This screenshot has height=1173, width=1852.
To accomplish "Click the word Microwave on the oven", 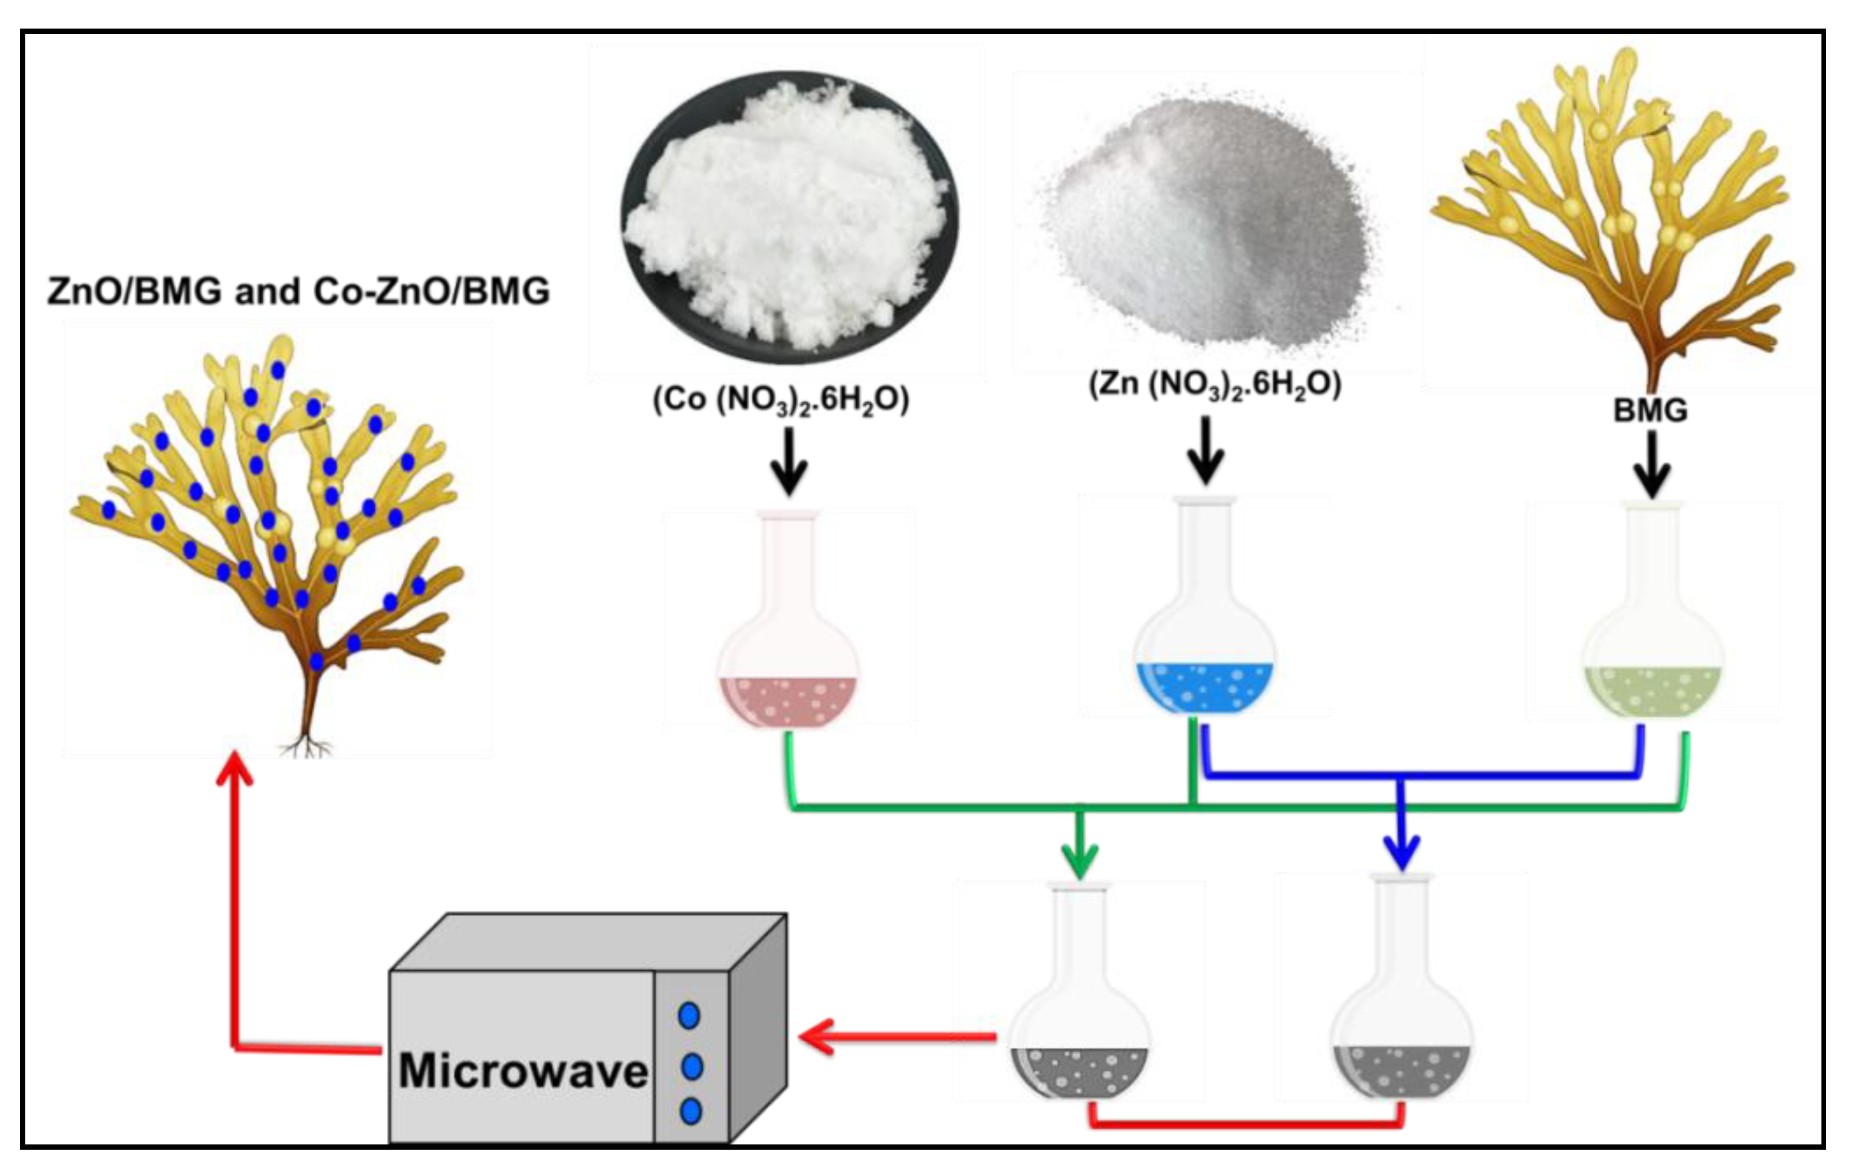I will [523, 1070].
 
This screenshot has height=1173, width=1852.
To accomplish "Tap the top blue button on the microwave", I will [689, 1015].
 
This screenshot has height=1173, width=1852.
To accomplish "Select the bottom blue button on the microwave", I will [691, 1111].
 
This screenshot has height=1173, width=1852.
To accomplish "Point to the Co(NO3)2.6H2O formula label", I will [780, 399].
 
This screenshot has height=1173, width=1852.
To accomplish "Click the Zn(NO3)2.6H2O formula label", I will [1215, 383].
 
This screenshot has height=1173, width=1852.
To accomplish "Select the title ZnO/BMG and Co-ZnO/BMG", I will [298, 291].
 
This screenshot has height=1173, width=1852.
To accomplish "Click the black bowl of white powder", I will [790, 215].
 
